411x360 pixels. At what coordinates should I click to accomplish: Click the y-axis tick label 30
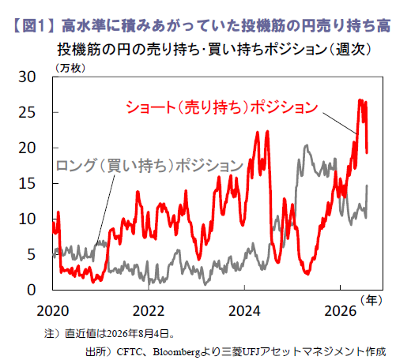click(27, 77)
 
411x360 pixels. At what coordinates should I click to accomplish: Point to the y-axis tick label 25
click(27, 112)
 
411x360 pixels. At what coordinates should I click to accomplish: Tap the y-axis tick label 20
click(27, 148)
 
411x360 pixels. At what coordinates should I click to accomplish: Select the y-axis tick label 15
click(27, 183)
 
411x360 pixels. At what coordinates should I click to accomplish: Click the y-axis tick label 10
click(27, 219)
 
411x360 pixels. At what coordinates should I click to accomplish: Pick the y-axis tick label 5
click(32, 254)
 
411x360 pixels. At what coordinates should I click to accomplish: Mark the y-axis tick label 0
click(32, 290)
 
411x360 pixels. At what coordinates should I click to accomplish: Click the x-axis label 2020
click(53, 311)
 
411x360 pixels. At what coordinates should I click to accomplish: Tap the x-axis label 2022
click(149, 311)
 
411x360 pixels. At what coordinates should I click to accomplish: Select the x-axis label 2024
click(244, 311)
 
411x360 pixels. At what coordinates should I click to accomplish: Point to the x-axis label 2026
click(341, 311)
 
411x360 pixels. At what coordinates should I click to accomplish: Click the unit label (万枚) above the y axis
click(70, 68)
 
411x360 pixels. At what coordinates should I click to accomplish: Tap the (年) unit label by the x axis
click(371, 300)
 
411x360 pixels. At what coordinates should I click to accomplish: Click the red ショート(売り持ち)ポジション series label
click(222, 107)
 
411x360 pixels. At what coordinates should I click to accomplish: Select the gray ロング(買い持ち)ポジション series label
click(149, 166)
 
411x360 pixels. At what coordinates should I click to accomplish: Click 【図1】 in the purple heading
click(34, 26)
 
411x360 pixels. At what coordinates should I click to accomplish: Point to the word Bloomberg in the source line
click(176, 352)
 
